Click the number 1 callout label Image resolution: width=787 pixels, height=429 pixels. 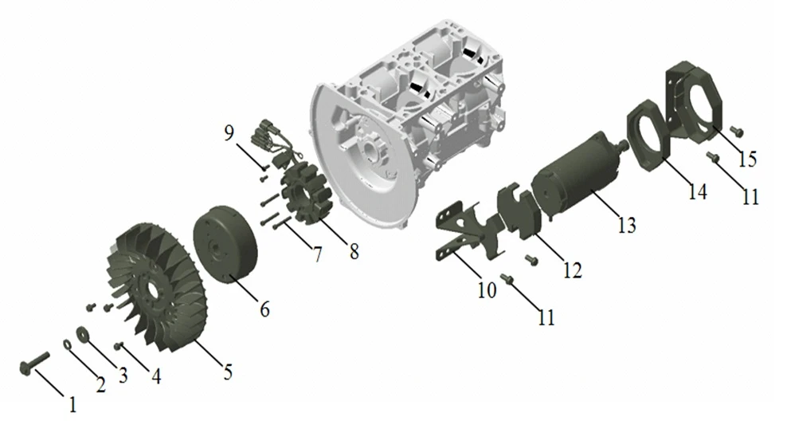(x=72, y=404)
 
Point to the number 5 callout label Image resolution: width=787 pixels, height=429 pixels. (x=228, y=372)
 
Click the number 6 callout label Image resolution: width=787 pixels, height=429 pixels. (x=264, y=309)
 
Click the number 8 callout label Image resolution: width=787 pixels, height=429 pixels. (x=354, y=251)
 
